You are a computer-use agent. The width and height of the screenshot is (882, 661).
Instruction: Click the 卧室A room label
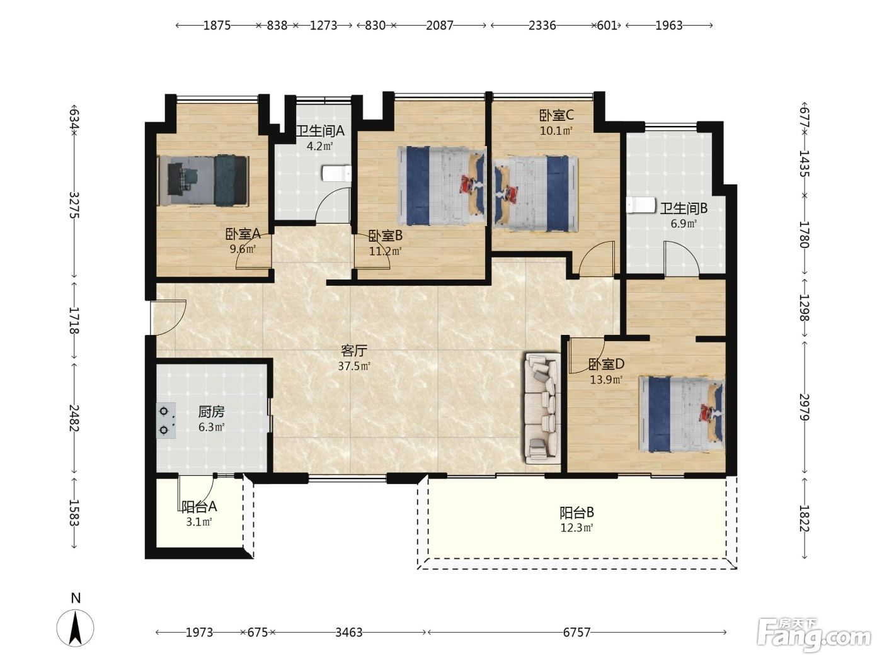pyautogui.click(x=243, y=234)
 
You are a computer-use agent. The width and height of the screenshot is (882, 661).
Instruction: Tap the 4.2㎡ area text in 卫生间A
pyautogui.click(x=320, y=146)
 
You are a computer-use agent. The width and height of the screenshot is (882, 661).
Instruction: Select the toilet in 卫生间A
pyautogui.click(x=336, y=173)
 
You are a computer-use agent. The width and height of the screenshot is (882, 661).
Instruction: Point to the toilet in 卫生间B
pyautogui.click(x=641, y=205)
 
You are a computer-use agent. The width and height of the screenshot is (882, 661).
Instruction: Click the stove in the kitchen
pyautogui.click(x=166, y=421)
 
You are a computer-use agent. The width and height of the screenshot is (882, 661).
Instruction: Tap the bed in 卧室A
pyautogui.click(x=203, y=181)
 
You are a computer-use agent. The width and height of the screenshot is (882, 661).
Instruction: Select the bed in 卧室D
pyautogui.click(x=682, y=414)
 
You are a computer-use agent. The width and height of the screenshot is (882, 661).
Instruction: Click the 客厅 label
pyautogui.click(x=353, y=351)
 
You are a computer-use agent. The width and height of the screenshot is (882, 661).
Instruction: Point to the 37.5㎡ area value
pyautogui.click(x=353, y=366)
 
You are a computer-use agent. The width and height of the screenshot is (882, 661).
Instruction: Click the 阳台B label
pyautogui.click(x=576, y=512)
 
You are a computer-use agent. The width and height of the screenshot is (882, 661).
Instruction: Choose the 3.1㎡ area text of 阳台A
pyautogui.click(x=199, y=522)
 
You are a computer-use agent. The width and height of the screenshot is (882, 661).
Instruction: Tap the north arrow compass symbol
pyautogui.click(x=75, y=628)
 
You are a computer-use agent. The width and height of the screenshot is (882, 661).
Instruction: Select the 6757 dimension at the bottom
pyautogui.click(x=576, y=633)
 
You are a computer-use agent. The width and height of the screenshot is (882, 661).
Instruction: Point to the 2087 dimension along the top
pyautogui.click(x=440, y=25)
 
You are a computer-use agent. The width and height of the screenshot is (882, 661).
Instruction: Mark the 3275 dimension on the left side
pyautogui.click(x=74, y=205)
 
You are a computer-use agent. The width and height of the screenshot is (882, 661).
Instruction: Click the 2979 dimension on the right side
pyautogui.click(x=804, y=407)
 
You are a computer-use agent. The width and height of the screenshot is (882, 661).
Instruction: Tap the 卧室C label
pyautogui.click(x=556, y=115)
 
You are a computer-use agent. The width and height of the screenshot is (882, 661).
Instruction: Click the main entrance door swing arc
pyautogui.click(x=175, y=321)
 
